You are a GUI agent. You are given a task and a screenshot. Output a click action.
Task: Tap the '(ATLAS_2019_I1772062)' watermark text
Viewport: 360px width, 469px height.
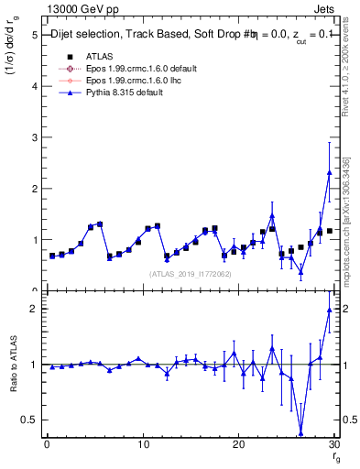191,273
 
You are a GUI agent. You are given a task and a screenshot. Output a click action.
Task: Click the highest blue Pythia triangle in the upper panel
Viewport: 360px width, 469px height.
329,172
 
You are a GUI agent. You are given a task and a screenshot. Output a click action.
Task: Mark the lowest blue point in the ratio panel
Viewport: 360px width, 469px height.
300,433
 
